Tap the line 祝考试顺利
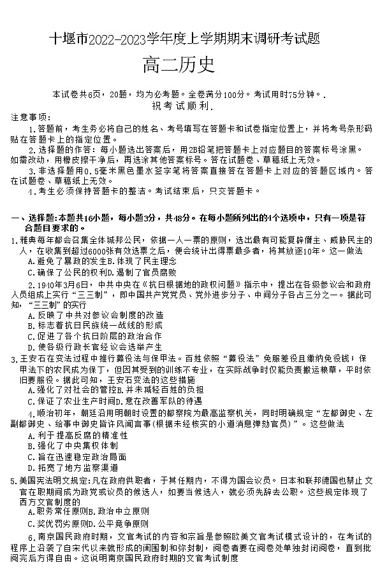pyautogui.click(x=189, y=106)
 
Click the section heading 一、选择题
pyautogui.click(x=34, y=218)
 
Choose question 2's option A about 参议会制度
pyautogui.click(x=96, y=314)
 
